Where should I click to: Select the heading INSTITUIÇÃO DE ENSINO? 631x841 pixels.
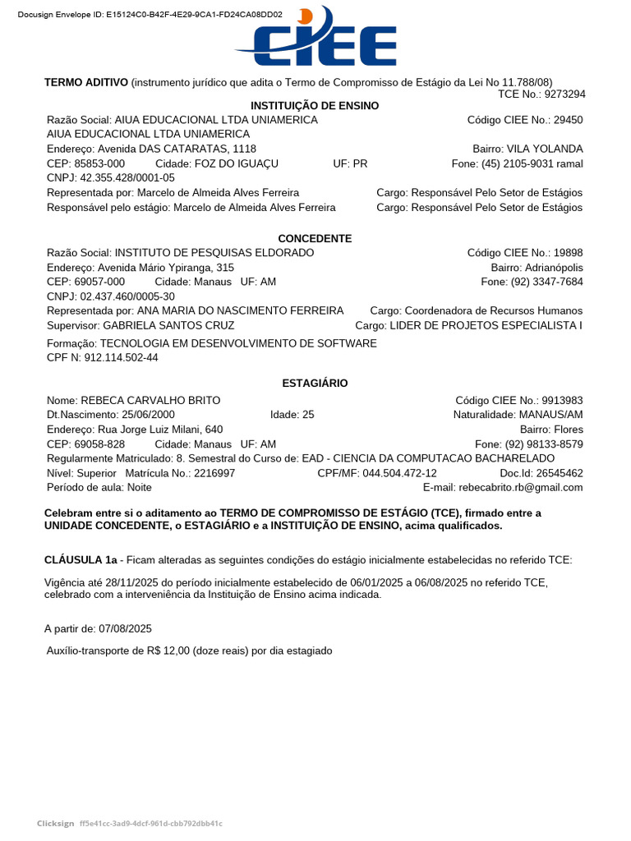pos(315,106)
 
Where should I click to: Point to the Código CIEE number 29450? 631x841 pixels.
pos(568,120)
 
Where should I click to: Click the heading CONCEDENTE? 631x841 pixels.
pos(315,239)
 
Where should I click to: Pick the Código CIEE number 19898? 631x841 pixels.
pos(568,253)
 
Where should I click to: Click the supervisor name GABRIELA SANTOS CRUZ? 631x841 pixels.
pos(168,326)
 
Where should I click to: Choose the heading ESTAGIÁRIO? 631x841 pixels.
pos(315,384)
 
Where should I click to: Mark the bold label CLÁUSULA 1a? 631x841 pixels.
pos(81,560)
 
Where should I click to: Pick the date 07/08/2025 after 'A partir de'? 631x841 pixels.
pos(125,629)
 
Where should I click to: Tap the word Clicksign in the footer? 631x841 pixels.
pos(54,824)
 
